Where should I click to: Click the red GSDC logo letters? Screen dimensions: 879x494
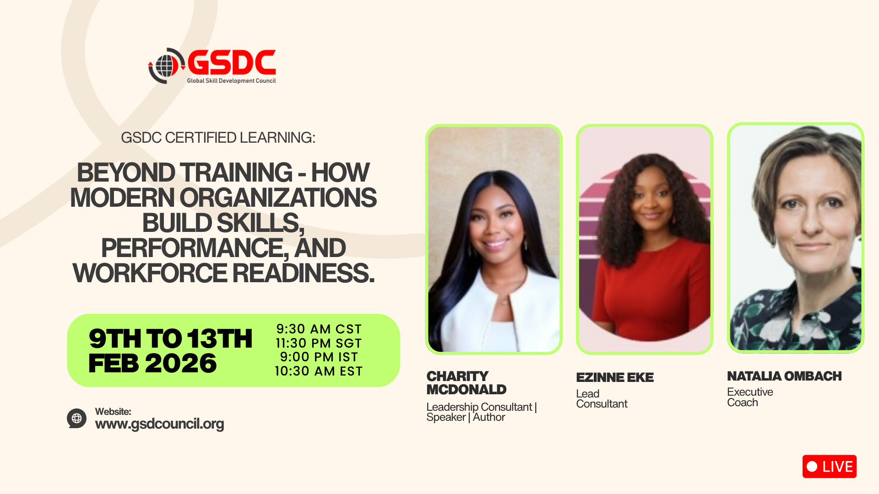232,62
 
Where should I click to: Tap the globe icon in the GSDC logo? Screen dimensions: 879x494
165,66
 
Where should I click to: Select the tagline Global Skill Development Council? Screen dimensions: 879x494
231,81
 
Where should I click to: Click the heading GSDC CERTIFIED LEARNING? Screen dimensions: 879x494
218,138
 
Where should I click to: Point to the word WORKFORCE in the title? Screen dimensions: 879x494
150,273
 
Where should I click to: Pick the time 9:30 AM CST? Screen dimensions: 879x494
319,329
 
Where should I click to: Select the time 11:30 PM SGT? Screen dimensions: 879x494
319,343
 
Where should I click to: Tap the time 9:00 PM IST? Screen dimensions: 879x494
319,357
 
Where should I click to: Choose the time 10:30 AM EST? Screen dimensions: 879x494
319,371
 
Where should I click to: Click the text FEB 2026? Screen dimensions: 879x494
152,364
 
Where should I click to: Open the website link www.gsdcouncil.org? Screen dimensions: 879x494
159,424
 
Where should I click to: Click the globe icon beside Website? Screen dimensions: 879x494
76,418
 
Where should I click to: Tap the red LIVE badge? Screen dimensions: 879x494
829,467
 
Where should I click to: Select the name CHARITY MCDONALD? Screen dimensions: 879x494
467,383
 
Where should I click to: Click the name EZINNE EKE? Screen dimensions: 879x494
615,377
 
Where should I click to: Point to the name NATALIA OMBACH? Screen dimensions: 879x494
784,376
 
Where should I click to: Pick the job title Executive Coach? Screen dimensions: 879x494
750,397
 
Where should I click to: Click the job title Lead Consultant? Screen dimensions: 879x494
602,399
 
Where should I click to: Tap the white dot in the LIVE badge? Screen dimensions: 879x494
812,467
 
